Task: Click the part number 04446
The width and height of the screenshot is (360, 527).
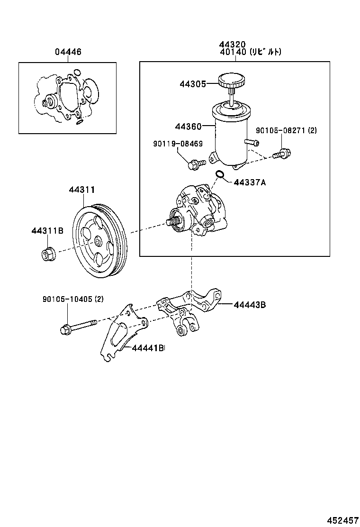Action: (x=68, y=52)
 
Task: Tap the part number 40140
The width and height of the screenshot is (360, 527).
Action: (x=233, y=52)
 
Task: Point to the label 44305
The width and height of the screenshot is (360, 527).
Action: (x=193, y=84)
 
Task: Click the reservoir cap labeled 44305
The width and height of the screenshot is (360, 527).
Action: (x=231, y=81)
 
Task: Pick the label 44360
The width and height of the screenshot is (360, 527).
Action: (x=188, y=127)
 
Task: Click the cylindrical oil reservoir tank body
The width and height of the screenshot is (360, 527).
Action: (x=231, y=137)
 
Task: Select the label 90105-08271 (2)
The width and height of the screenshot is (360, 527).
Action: (x=286, y=130)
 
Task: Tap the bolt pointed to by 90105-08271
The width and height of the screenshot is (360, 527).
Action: (x=283, y=153)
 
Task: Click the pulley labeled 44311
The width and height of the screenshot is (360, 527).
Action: (x=100, y=242)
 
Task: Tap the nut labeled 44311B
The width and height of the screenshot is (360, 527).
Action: (x=47, y=254)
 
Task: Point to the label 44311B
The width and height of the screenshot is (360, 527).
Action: (x=47, y=231)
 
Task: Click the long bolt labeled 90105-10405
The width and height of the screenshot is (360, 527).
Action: (x=78, y=327)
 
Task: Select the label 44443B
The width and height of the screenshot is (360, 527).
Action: (x=249, y=305)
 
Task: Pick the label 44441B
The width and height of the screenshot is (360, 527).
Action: (x=148, y=348)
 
